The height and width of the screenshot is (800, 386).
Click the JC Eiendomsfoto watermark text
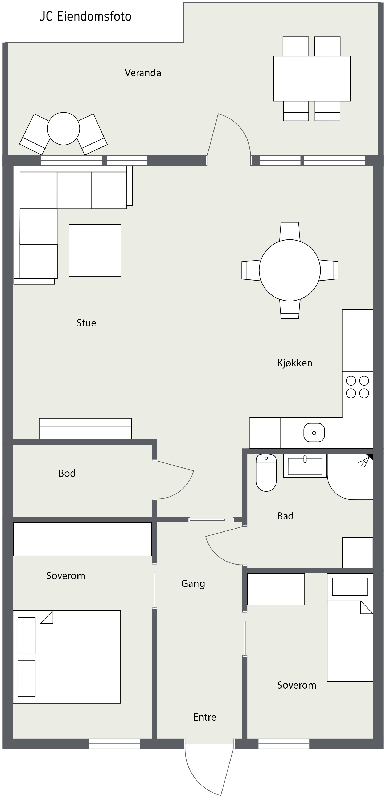(x=85, y=17)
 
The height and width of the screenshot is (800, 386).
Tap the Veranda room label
(x=143, y=73)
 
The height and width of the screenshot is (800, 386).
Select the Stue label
(x=86, y=323)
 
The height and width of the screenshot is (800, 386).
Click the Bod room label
(x=67, y=473)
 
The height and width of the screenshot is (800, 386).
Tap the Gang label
(x=193, y=584)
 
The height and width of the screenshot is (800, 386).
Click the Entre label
(x=205, y=717)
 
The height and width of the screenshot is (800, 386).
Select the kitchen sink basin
(x=314, y=433)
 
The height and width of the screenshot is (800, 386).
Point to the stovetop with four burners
(x=358, y=387)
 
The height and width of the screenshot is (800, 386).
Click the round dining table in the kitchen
(x=290, y=270)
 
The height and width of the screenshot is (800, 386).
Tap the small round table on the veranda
(x=64, y=129)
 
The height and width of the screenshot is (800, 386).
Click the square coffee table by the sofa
(x=95, y=251)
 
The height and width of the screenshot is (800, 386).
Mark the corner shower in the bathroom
(x=350, y=477)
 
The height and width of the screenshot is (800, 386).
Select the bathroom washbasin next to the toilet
(x=305, y=466)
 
